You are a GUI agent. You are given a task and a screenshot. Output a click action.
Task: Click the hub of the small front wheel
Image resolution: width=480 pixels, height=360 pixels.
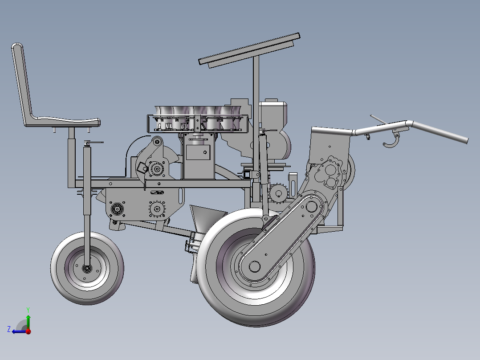pos(87,269)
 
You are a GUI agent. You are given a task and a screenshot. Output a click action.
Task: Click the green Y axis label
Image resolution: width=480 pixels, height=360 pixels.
pos(28,310)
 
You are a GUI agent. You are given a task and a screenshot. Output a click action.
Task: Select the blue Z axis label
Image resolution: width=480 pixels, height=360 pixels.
pos(9,329)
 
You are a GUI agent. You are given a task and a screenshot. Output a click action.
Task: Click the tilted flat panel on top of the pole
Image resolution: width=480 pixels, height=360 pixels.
pos(249,49)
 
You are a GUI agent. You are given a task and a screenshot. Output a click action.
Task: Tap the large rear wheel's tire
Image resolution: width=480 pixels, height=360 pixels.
pos(256,268)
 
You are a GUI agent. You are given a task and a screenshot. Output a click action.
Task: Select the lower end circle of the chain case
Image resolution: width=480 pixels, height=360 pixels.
pos(254,266)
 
